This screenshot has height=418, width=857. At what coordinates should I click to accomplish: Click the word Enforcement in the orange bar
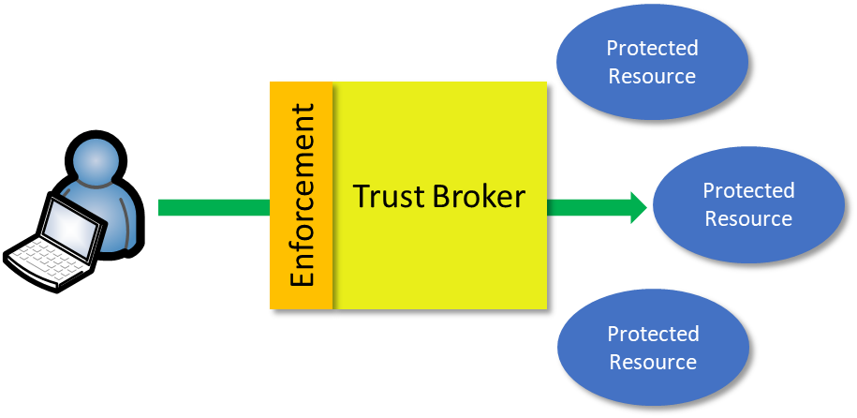[302, 195]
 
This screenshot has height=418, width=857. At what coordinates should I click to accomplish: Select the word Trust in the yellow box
[392, 197]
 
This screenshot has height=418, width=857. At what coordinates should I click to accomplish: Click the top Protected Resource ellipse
[652, 62]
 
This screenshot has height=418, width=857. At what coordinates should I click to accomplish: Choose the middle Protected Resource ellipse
[748, 204]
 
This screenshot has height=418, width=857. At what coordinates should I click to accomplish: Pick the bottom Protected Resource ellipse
[653, 348]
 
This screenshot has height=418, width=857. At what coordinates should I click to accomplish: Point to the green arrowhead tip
[646, 207]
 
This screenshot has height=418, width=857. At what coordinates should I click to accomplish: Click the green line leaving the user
[214, 207]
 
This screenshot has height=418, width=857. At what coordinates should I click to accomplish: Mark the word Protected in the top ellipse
[652, 48]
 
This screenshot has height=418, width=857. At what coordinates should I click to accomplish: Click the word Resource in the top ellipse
[652, 76]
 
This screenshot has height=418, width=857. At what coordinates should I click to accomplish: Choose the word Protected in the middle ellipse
[748, 190]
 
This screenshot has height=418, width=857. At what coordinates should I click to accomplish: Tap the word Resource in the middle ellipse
[748, 218]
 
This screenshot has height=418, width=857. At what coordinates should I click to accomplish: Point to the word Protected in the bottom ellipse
[653, 334]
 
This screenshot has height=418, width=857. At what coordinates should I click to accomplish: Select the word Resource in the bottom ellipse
[653, 362]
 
